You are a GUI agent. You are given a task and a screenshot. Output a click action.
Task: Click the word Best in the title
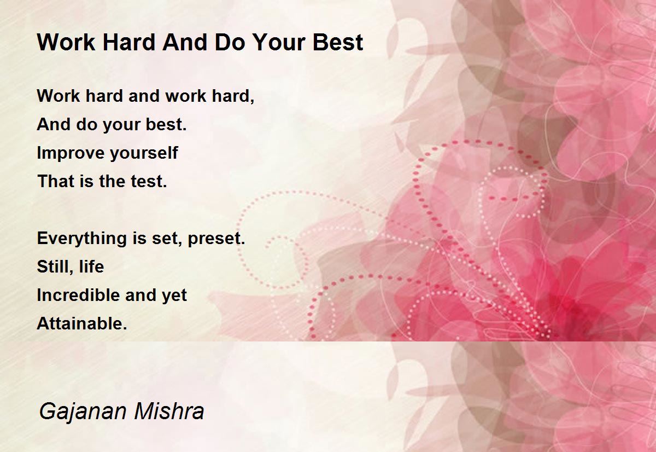pos(338,43)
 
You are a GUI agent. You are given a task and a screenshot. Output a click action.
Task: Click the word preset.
pos(216,239)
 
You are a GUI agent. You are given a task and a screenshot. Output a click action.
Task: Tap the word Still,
pos(55,266)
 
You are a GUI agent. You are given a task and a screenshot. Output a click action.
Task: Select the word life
pos(91,266)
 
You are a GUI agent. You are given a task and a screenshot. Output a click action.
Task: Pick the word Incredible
pos(78,295)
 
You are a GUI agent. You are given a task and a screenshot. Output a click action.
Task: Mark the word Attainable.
pos(82,323)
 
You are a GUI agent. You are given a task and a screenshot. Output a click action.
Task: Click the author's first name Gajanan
pos(83,412)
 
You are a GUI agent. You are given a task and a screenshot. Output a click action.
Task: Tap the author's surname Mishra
pos(169,411)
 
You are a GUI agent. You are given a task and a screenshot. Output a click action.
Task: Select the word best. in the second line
pos(166,124)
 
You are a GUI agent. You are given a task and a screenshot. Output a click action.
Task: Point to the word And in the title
pos(185,43)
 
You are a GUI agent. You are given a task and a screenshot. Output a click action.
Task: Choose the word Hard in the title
pos(128,43)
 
